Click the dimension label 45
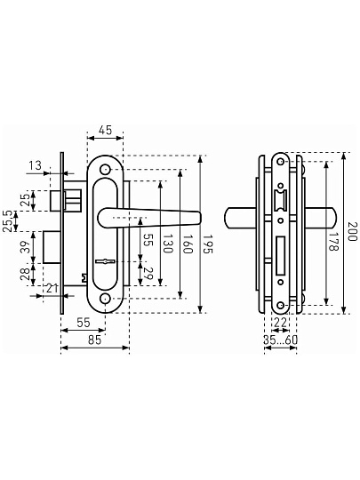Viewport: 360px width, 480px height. coord(105,130)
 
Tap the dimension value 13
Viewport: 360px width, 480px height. coord(35,165)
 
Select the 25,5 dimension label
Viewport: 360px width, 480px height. coord(8,221)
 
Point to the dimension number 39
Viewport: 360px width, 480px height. coord(27,247)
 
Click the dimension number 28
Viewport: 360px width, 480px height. coord(26,274)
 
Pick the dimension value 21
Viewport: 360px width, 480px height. coord(52,288)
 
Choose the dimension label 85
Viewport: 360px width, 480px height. coord(94,340)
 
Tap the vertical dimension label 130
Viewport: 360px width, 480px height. coord(168,244)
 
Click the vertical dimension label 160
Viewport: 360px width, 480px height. coord(188,244)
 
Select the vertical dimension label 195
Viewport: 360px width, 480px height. coord(208,244)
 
